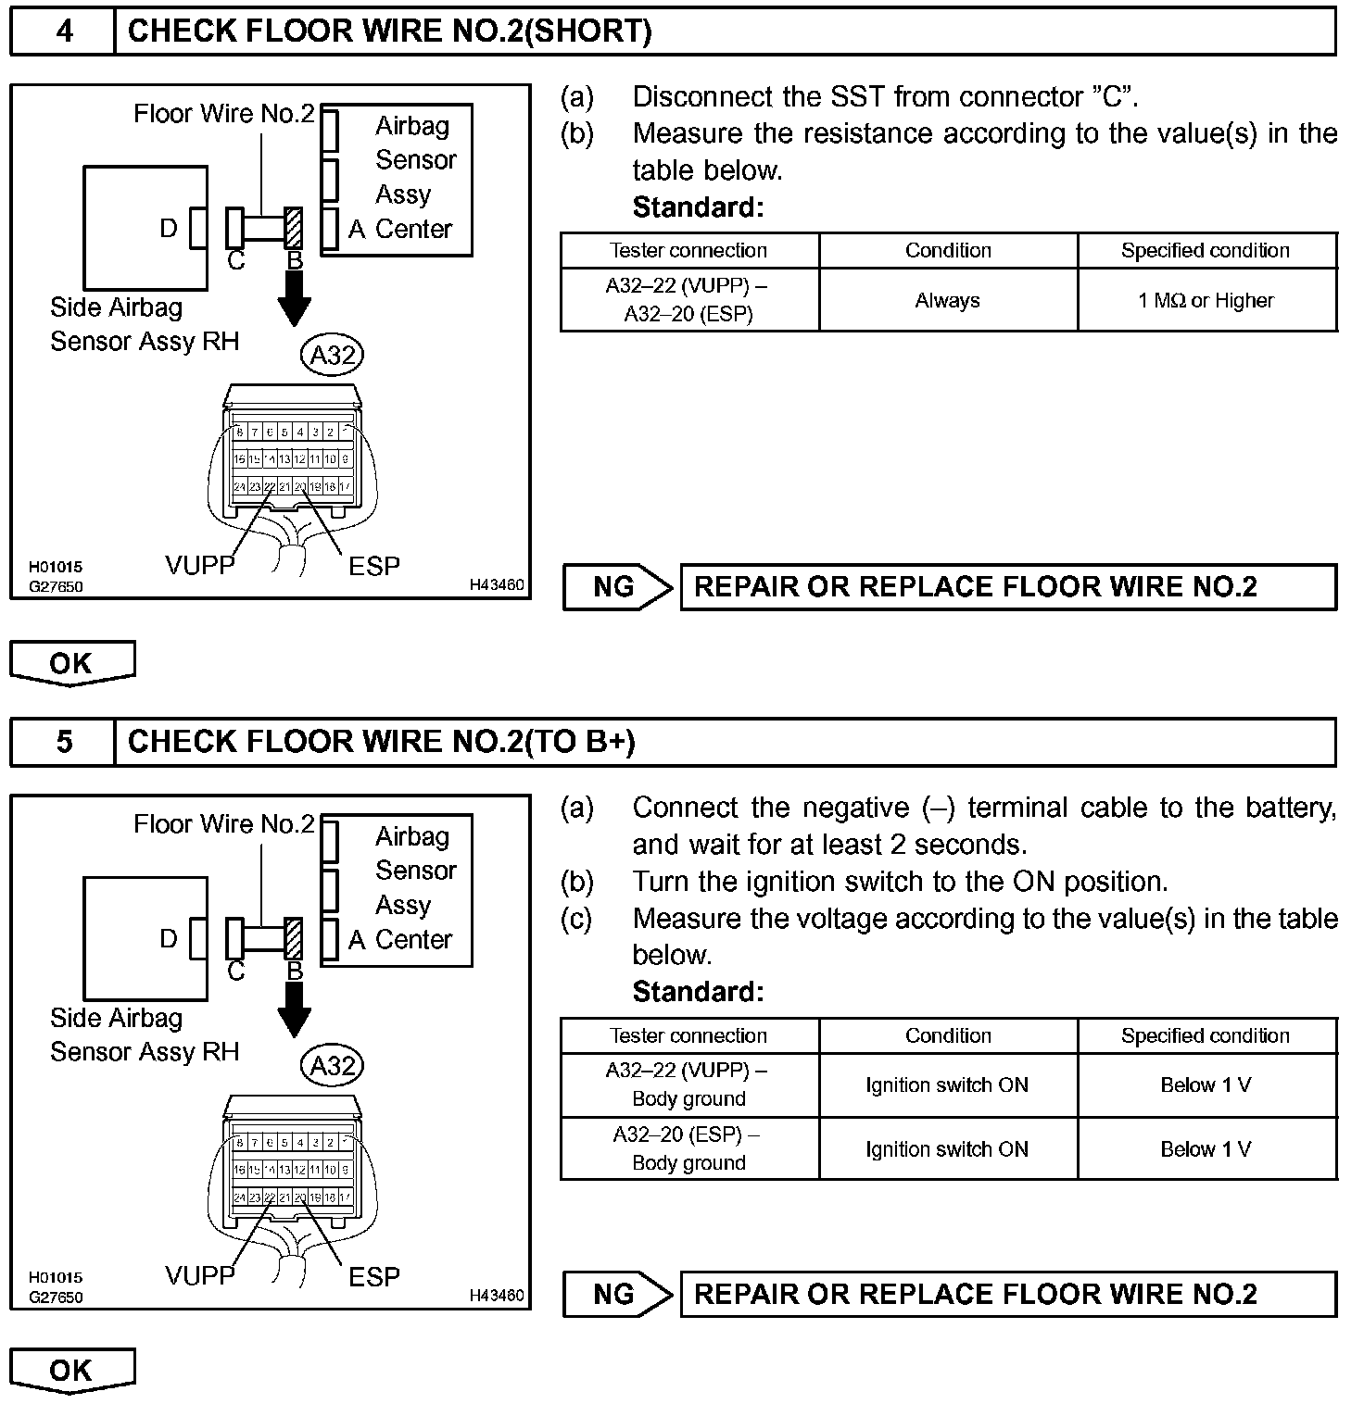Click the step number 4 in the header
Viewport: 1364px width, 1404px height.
tap(63, 31)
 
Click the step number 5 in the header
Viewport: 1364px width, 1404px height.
tap(63, 742)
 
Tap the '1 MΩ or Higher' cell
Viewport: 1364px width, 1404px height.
tap(1206, 300)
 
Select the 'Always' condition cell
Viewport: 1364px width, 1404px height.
tap(947, 300)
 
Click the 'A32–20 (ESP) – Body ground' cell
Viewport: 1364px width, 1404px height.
tap(688, 1148)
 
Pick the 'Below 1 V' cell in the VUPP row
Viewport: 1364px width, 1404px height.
tap(1206, 1084)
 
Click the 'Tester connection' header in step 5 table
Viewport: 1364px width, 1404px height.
tap(688, 1035)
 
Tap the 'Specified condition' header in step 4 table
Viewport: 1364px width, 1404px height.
tap(1206, 250)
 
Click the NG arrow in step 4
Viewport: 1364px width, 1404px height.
tap(617, 587)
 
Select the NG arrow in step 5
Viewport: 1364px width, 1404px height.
tap(617, 1294)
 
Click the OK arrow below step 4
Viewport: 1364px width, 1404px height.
tap(72, 663)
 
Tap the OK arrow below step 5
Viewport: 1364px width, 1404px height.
tap(72, 1371)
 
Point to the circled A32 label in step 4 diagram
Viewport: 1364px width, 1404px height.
tap(333, 355)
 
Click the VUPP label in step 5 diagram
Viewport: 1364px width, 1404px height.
tap(199, 1276)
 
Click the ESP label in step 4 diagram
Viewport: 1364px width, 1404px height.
tap(374, 566)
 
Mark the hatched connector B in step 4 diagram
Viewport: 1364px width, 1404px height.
tap(295, 227)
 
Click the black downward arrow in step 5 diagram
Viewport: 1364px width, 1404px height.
tap(295, 1010)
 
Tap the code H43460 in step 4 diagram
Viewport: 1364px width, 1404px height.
tap(497, 585)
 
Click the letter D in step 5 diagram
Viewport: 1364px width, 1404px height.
tap(169, 939)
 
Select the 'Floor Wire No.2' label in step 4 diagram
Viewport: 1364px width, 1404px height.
tap(224, 114)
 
